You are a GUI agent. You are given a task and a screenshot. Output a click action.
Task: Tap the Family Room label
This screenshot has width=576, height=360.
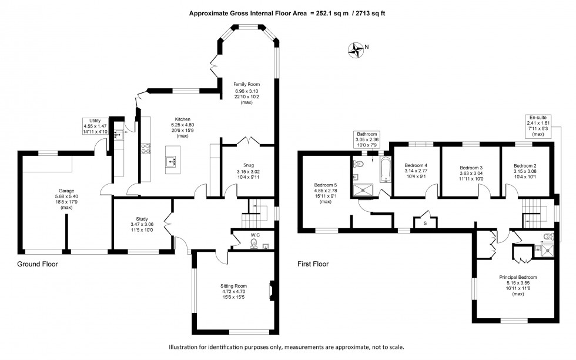(246, 92)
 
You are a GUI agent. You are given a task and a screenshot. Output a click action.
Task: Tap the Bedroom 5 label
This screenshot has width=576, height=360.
(326, 192)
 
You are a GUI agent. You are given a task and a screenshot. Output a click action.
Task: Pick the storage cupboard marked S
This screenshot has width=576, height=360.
(424, 222)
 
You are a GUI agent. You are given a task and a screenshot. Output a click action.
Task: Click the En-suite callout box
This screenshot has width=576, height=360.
(536, 125)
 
